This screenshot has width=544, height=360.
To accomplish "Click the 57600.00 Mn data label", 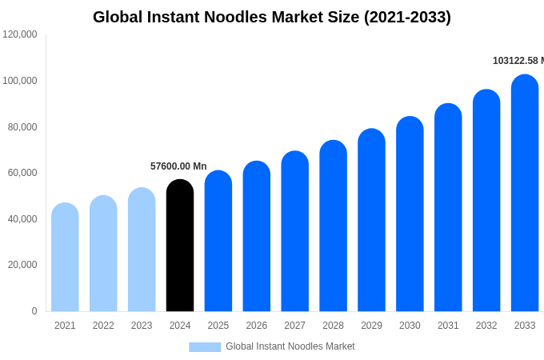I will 178,166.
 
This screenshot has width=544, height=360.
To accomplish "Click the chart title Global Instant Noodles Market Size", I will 272,17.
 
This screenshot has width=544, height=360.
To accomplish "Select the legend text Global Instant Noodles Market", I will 290,346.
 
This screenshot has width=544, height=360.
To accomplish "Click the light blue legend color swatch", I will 205,346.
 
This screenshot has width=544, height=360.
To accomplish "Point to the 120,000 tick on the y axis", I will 20,34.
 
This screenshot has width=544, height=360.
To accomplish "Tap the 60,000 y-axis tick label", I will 22,173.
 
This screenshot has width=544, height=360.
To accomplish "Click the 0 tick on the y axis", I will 34,311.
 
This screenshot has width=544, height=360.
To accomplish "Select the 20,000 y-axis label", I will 22,265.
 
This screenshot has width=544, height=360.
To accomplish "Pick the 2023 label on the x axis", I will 142,326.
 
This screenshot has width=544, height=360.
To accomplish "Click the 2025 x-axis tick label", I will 218,326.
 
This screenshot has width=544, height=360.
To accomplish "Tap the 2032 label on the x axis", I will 486,326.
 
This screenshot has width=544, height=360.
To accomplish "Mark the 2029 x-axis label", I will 371,326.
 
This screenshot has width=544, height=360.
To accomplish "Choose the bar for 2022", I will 103,254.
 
